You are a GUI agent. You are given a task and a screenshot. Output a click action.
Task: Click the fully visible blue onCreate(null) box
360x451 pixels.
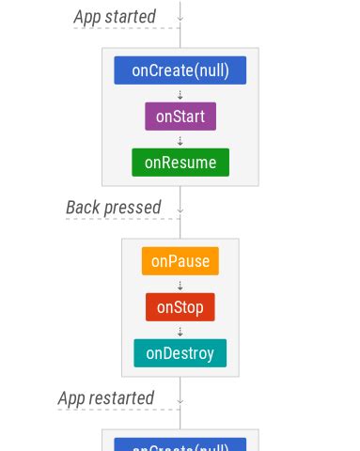[180, 70]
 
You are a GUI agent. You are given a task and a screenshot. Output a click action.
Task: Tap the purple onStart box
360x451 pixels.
[180, 117]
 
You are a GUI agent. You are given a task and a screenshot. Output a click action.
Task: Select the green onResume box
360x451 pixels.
[180, 163]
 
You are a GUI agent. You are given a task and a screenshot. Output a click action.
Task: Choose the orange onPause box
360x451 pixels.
[180, 261]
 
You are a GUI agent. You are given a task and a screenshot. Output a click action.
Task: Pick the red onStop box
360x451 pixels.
[180, 307]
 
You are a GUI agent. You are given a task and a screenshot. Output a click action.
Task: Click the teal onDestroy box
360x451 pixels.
[180, 353]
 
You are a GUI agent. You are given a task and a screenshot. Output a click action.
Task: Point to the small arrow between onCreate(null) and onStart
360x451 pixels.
[180, 94]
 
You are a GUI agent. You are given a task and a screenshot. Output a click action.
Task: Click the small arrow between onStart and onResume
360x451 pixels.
[180, 140]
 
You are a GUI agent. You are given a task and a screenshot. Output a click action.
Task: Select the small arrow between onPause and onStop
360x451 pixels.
[180, 285]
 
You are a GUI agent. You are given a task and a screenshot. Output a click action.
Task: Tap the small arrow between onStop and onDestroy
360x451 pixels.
[180, 331]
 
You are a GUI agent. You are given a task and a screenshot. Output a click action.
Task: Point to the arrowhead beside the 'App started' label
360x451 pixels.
[180, 17]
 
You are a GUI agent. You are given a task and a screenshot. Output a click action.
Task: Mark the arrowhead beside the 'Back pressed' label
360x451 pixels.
[180, 208]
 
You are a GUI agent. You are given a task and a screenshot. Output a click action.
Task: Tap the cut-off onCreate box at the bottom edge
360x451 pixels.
[180, 445]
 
